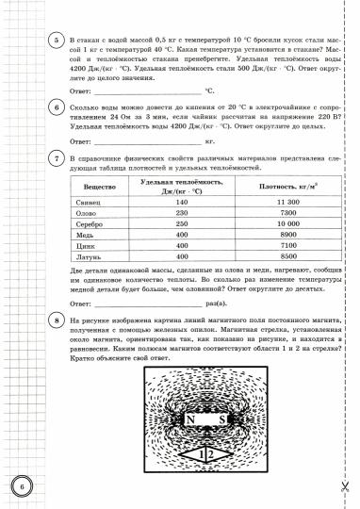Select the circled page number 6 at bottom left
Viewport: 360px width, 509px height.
[x=20, y=486]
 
